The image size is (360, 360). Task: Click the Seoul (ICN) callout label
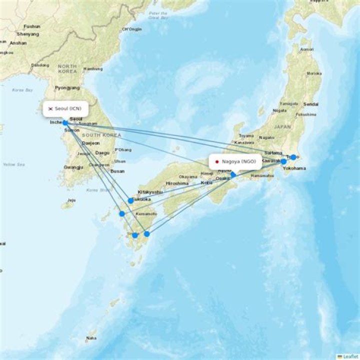[x=65, y=108]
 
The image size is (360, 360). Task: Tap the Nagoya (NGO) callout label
[x=235, y=161]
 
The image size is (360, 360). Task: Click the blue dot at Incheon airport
[x=65, y=122]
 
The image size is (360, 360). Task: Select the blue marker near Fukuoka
[x=130, y=200]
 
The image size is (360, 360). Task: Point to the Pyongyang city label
[x=67, y=87]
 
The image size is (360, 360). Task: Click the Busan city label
[x=117, y=171]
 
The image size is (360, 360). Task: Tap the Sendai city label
[x=310, y=104]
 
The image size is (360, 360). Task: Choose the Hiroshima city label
[x=177, y=183]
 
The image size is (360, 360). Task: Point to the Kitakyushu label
[x=150, y=192]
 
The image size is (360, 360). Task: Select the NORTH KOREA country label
[x=67, y=69]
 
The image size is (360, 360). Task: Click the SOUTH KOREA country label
[x=101, y=135]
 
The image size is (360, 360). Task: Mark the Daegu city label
[x=102, y=152]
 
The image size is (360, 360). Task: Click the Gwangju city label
[x=73, y=167]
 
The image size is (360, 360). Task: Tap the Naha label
[x=90, y=338]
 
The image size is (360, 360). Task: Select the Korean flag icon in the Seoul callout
[x=50, y=108]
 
